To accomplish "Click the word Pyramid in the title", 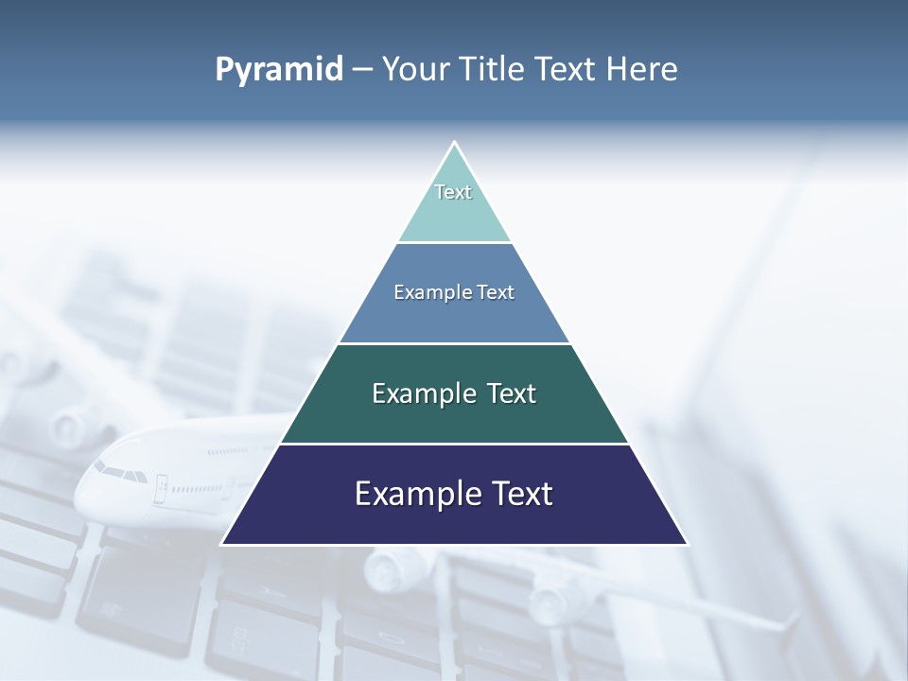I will (x=279, y=70).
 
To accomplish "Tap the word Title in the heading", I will (x=496, y=70).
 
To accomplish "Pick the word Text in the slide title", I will (x=568, y=70).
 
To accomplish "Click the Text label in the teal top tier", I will (x=453, y=192).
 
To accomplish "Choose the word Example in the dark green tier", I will (x=425, y=393).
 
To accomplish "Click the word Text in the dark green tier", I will (x=512, y=393).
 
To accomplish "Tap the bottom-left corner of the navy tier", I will (x=223, y=543).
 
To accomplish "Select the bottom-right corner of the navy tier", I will (x=686, y=543).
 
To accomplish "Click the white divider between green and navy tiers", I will (x=454, y=444).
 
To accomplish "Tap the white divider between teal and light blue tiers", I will (x=454, y=242).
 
